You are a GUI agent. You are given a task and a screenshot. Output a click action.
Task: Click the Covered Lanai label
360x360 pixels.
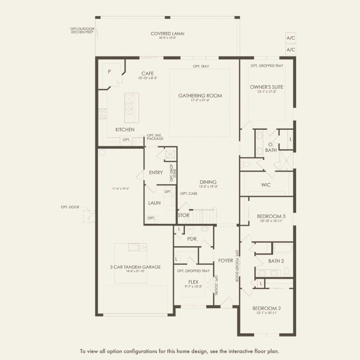167,34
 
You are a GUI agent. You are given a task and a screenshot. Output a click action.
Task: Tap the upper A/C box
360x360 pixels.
291,38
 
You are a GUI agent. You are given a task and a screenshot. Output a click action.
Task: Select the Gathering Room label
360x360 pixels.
200,96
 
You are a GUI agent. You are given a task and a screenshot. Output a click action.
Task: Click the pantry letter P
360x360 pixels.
109,72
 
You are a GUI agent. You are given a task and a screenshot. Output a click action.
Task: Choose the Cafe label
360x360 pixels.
147,73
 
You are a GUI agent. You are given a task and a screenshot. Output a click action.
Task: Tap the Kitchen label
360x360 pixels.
125,130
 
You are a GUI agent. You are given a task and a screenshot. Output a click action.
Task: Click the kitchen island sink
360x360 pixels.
128,101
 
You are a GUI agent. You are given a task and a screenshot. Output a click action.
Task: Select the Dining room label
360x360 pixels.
208,182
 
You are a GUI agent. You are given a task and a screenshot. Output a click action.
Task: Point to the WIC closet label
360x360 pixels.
266,185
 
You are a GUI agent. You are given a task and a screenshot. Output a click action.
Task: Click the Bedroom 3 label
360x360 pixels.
271,216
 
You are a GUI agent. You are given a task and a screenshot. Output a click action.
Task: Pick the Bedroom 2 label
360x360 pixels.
266,308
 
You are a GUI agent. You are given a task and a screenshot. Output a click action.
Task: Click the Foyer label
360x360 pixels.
225,260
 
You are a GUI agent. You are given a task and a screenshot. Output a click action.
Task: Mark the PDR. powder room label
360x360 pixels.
192,238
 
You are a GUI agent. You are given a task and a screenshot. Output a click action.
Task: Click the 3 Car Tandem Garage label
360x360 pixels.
135,267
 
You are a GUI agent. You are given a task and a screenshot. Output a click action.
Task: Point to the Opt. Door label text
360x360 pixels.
70,207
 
